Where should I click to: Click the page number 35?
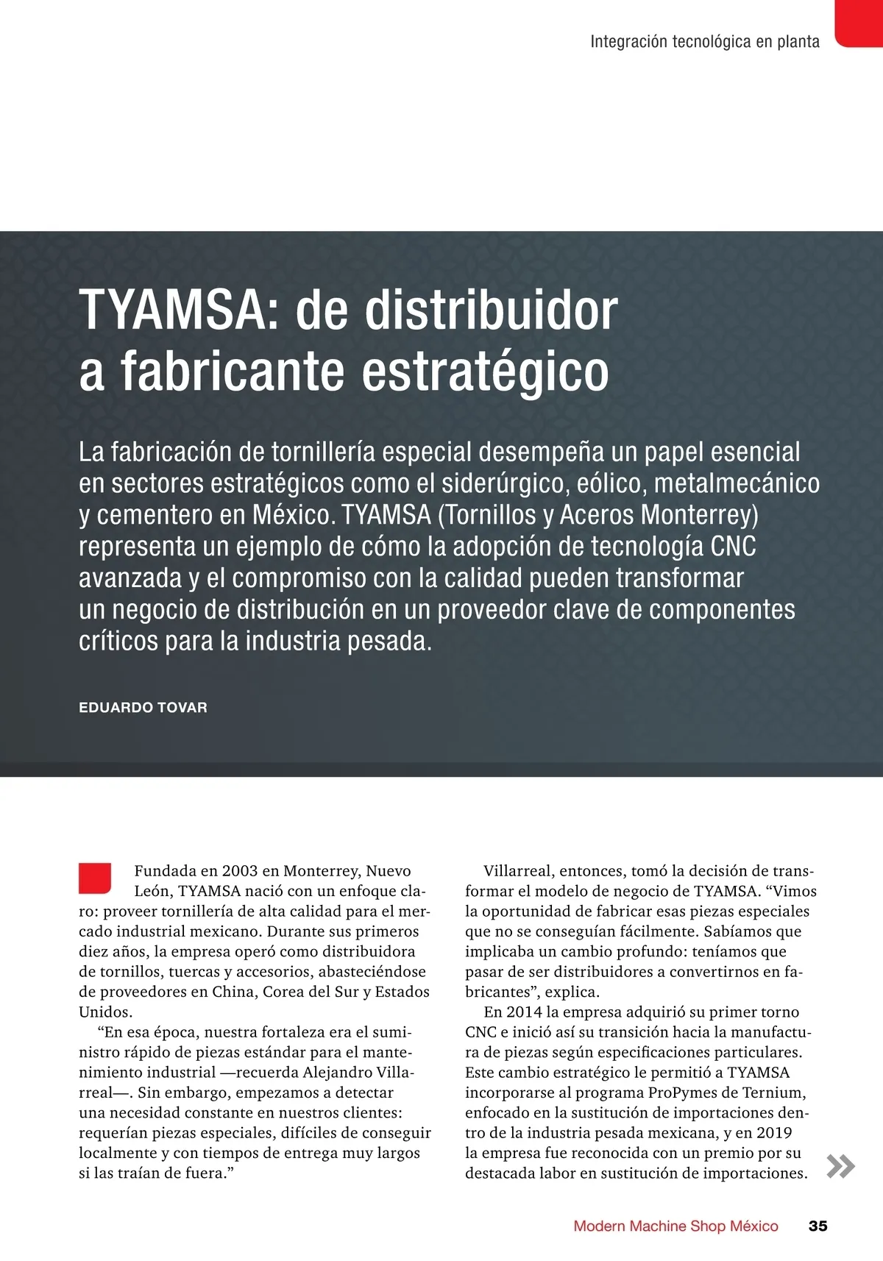click(x=818, y=1226)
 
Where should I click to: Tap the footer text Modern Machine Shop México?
click(x=675, y=1226)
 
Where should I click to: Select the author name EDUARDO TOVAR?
click(x=143, y=708)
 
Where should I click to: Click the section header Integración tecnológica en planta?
click(x=704, y=42)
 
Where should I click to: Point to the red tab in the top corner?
click(x=859, y=22)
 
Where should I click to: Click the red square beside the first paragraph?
click(x=95, y=878)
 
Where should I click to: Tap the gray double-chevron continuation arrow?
click(x=840, y=1166)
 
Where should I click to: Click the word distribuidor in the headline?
click(x=492, y=310)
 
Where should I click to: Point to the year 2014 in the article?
click(x=524, y=1012)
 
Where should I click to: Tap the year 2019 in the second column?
click(x=774, y=1133)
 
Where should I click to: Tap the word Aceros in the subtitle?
click(x=597, y=515)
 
